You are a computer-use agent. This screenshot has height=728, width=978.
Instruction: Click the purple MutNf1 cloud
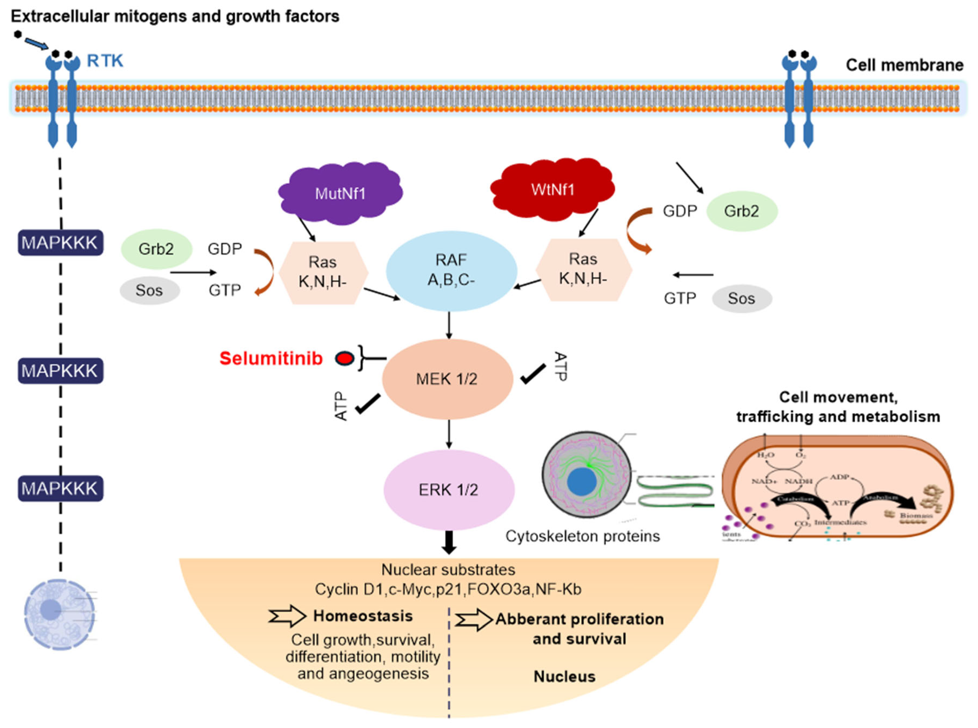(340, 193)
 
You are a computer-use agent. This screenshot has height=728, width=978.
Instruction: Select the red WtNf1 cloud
(552, 190)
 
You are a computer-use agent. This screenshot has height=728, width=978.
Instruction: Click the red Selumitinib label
(271, 359)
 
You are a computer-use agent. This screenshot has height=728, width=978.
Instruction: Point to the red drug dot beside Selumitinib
(344, 359)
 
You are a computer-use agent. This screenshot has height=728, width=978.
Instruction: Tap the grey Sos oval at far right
(741, 298)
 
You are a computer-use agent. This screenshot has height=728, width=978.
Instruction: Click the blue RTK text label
(105, 61)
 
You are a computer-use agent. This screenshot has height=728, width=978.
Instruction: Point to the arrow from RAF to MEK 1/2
(449, 325)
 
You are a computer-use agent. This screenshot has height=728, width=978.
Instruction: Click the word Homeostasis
(363, 616)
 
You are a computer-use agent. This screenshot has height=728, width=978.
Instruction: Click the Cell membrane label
(904, 65)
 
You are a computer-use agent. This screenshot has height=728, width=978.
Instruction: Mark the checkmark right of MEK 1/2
(533, 374)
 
